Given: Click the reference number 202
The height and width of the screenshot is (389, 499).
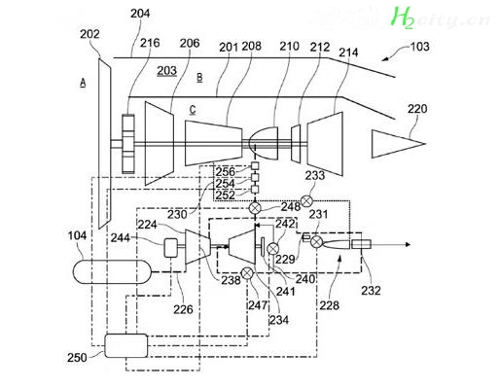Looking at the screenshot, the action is [x=89, y=34].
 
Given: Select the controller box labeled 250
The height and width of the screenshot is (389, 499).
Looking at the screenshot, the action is [x=126, y=346].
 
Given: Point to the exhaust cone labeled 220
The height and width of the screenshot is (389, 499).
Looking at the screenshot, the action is [x=398, y=144].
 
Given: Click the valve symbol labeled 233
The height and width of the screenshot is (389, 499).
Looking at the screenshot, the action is [x=306, y=201].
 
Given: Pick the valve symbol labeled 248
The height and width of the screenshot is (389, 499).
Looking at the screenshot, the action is [x=256, y=208].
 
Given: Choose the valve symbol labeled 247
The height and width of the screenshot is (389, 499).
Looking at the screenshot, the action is [x=247, y=273].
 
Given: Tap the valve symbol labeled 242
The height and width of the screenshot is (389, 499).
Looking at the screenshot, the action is [x=272, y=249].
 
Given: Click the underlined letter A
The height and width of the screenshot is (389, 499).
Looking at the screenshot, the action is [x=83, y=84].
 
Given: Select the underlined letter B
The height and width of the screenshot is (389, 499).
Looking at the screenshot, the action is [x=199, y=78].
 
